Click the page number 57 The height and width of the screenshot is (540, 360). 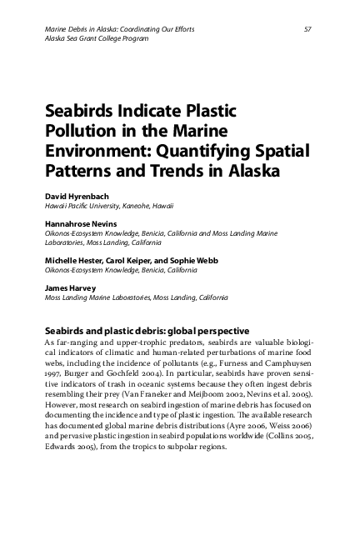tap(308, 30)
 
